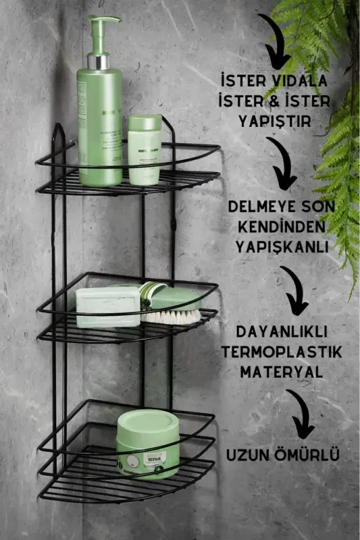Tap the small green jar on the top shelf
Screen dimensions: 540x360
tap(145, 149)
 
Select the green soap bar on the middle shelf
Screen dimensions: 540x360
tap(108, 306)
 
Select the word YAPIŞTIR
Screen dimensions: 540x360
tap(276, 121)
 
